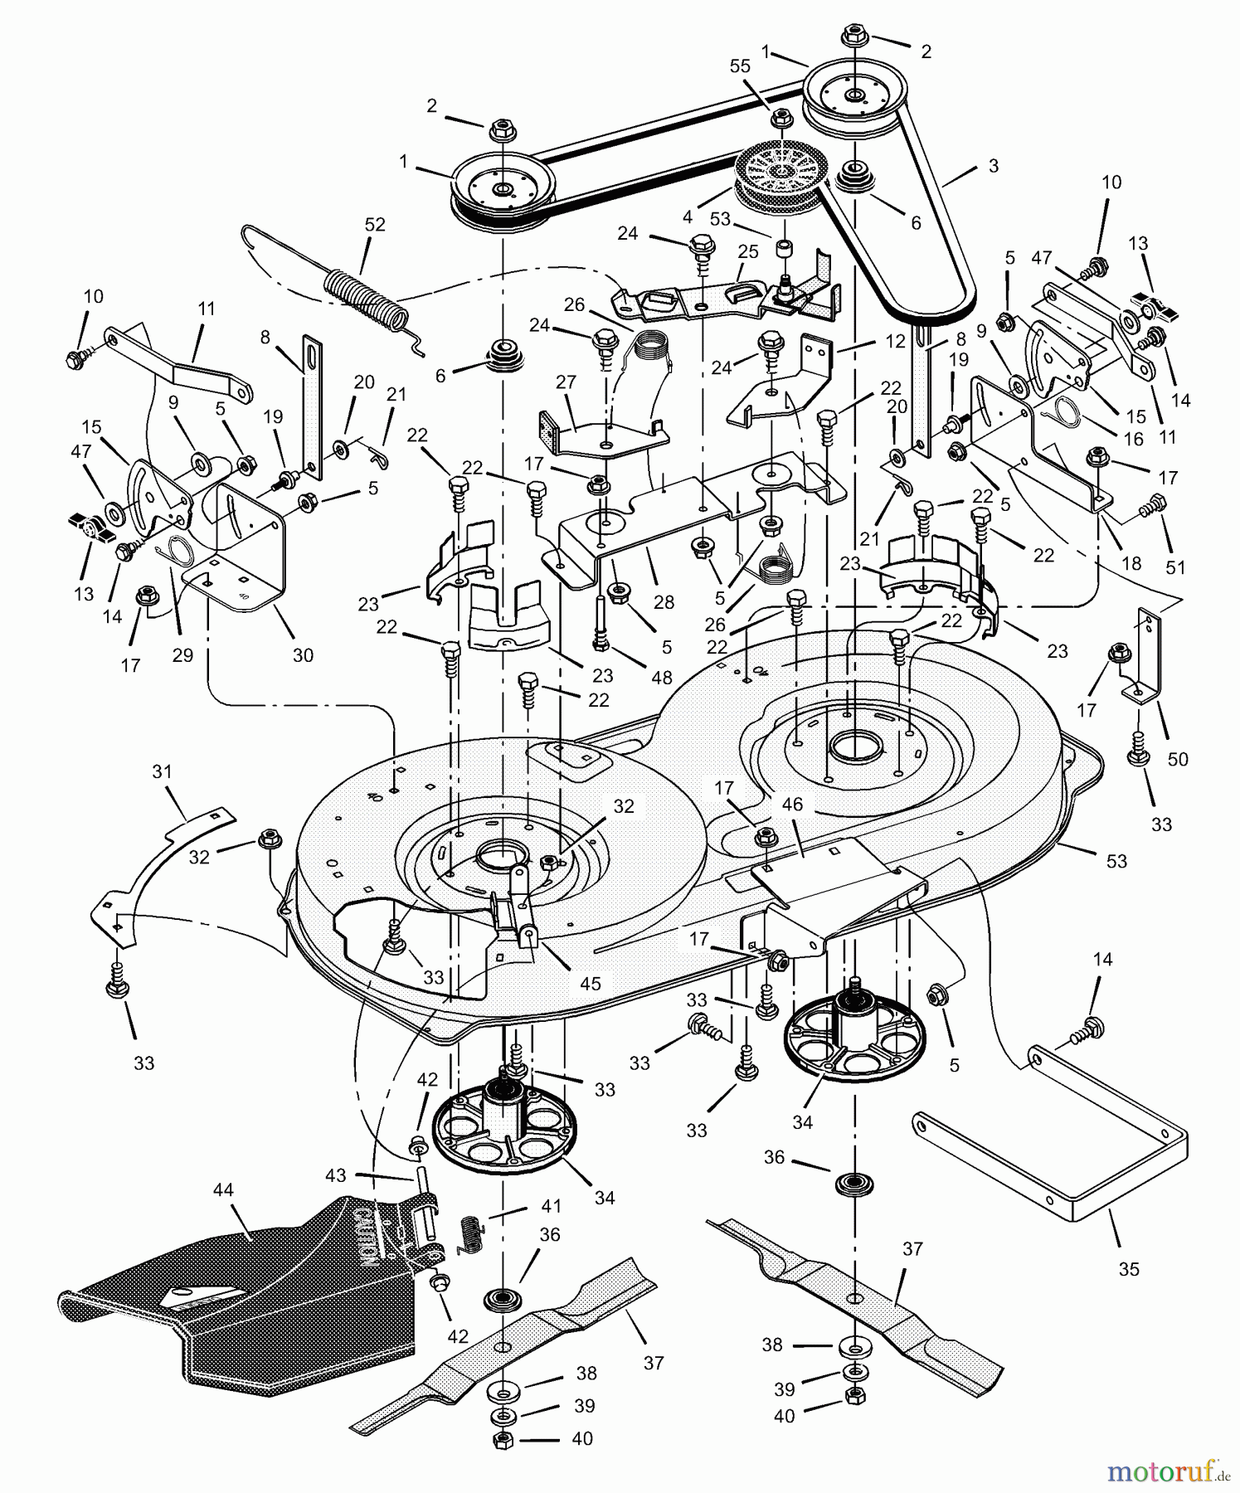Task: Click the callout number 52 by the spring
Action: pyautogui.click(x=375, y=225)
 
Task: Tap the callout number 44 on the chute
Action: pyautogui.click(x=223, y=1190)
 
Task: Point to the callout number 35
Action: pyautogui.click(x=1129, y=1269)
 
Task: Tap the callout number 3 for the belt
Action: pyautogui.click(x=993, y=166)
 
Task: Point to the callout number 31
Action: pyautogui.click(x=162, y=771)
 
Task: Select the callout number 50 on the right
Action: pyautogui.click(x=1177, y=759)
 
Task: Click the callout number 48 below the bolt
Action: pyautogui.click(x=661, y=678)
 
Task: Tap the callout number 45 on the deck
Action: pyautogui.click(x=590, y=984)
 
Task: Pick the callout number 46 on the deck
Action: pyautogui.click(x=792, y=805)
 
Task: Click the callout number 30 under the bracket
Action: pyautogui.click(x=303, y=655)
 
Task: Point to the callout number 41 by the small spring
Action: pyautogui.click(x=551, y=1206)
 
